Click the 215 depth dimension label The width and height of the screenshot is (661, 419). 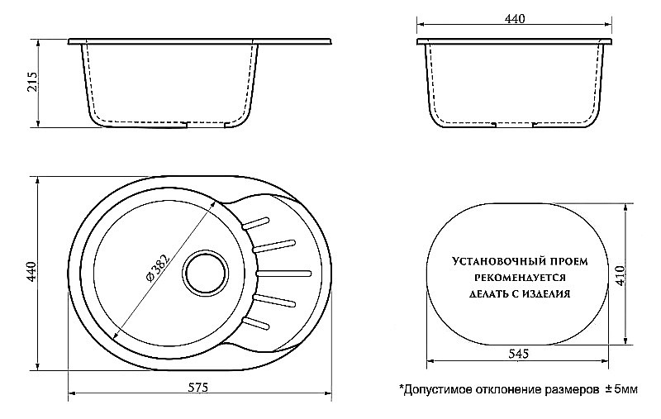pos(32,83)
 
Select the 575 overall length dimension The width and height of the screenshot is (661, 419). pos(197,388)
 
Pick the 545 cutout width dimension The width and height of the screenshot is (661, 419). pos(518,353)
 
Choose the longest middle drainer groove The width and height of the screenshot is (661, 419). pos(284,271)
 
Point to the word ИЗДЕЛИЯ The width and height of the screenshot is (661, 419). pos(549,293)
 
